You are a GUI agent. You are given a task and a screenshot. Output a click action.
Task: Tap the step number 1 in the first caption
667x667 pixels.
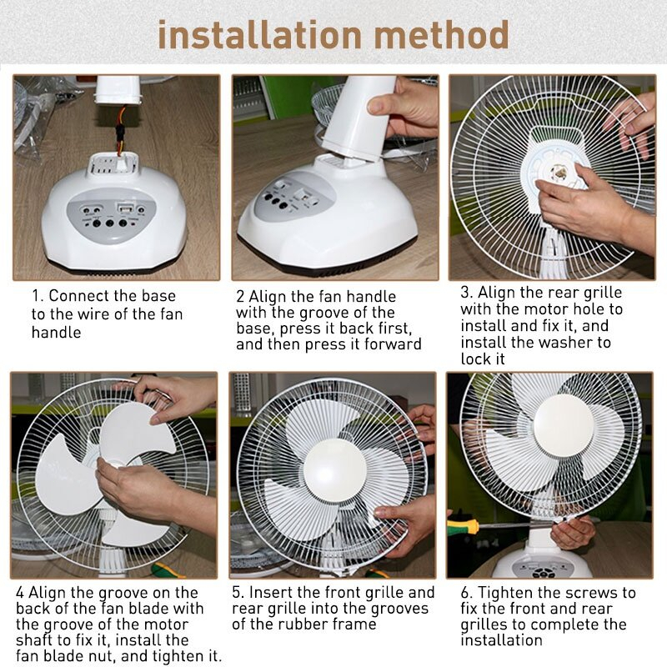coord(37,296)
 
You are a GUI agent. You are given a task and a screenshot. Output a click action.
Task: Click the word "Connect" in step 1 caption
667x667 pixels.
coord(79,296)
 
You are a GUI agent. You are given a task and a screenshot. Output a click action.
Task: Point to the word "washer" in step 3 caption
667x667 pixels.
coord(587,343)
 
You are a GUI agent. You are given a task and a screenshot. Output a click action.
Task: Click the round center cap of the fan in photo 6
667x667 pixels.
coord(565,425)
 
